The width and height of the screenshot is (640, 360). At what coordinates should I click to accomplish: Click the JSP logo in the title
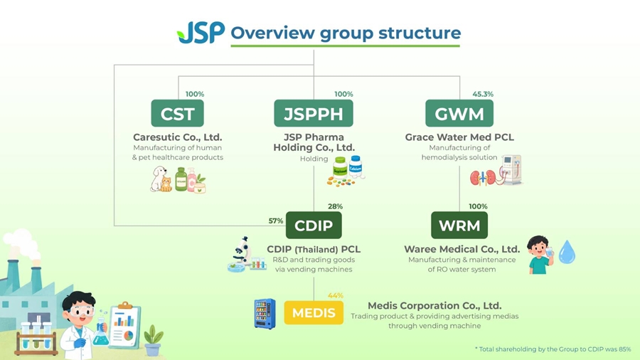201,33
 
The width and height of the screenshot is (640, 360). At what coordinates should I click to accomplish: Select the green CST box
177,113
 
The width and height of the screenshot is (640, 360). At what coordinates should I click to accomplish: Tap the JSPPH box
314,113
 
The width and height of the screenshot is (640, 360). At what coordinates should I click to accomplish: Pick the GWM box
459,113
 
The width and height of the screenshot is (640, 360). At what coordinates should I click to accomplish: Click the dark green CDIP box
314,226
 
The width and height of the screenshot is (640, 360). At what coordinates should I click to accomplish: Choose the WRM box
459,226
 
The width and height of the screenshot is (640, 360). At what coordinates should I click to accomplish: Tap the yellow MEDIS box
314,312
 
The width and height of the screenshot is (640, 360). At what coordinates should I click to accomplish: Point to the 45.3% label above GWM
483,94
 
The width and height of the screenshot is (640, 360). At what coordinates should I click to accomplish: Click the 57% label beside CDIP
275,221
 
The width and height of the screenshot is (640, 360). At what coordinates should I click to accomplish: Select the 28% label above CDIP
335,206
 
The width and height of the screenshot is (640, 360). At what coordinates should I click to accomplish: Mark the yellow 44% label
335,295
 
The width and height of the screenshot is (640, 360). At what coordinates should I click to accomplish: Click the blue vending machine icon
265,314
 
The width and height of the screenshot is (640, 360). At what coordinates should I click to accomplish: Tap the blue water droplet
567,252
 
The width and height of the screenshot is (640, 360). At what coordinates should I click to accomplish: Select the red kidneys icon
483,178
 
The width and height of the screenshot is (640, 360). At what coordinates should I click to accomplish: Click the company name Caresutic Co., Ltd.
178,137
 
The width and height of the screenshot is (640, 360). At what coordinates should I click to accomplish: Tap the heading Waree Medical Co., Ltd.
462,249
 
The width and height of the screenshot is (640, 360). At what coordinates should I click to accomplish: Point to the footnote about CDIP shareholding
553,349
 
